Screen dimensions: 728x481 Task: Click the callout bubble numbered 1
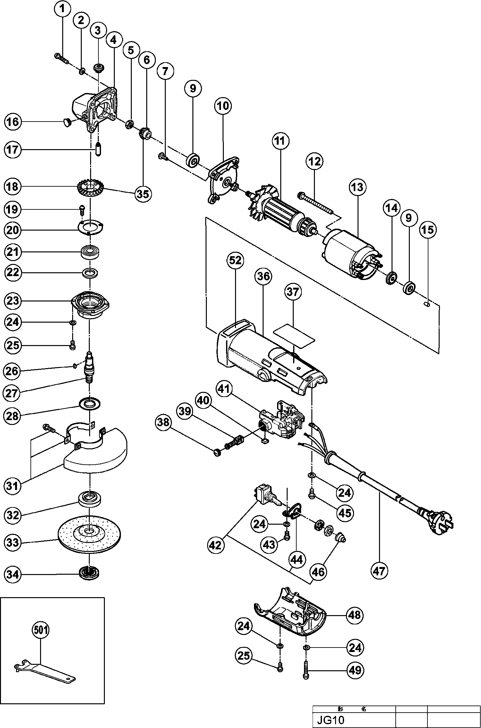pyautogui.click(x=63, y=9)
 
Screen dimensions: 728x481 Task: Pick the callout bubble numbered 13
pyautogui.click(x=358, y=187)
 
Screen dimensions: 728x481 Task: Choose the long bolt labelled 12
pyautogui.click(x=316, y=201)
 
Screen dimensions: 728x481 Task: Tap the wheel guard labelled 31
pyautogui.click(x=96, y=455)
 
